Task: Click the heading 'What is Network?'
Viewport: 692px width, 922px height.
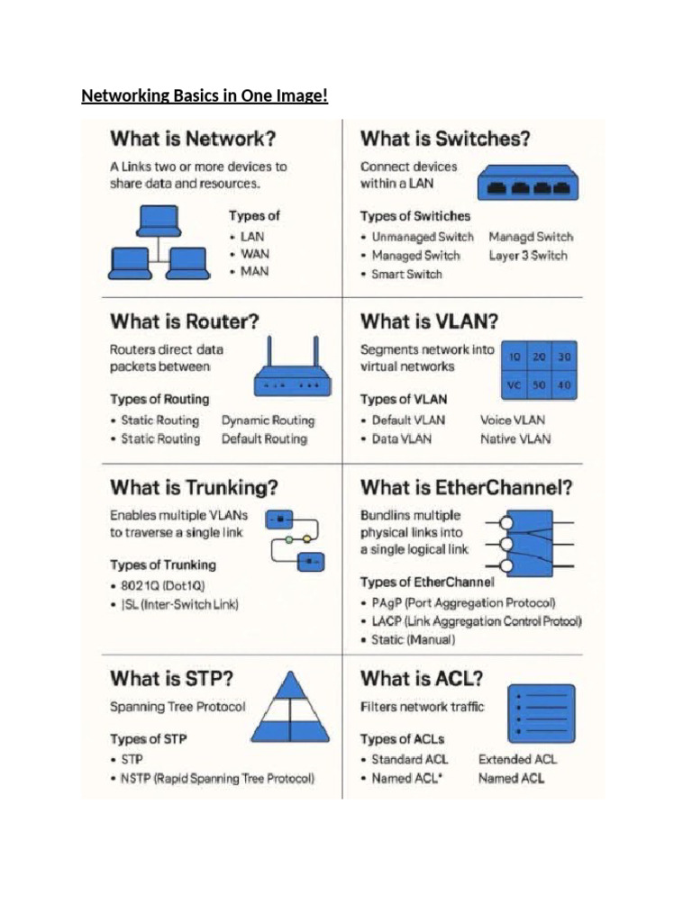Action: pos(193,139)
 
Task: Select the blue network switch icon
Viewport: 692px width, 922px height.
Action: pos(528,182)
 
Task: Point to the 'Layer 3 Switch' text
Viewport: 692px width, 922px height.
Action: pos(528,255)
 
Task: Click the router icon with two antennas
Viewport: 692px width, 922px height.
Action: pos(293,366)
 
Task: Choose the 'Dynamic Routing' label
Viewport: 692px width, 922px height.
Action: pos(269,420)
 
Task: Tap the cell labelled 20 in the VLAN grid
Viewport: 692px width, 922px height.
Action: pos(539,357)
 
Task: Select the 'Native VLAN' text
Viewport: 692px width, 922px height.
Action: pos(515,439)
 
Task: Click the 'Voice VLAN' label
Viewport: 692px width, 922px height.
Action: pos(513,420)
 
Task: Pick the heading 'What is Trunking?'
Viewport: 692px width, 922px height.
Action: pos(195,487)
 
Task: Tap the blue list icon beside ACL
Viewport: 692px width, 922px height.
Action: pos(542,713)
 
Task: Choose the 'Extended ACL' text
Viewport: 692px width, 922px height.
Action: pos(517,760)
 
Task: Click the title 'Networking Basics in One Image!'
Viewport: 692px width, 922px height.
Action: pos(205,95)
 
